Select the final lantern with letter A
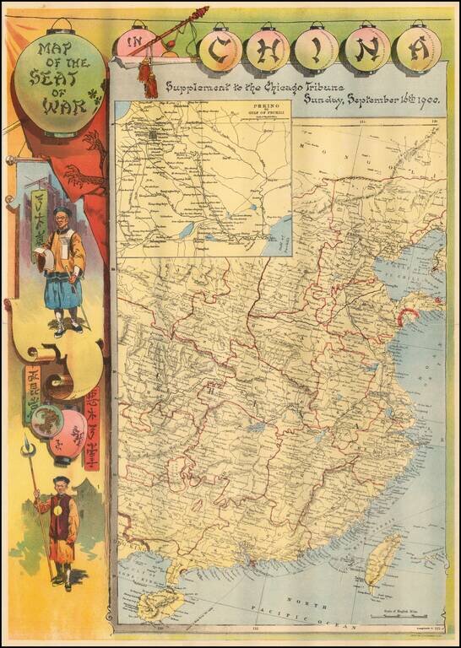[418, 51]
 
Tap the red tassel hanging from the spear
[151, 80]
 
